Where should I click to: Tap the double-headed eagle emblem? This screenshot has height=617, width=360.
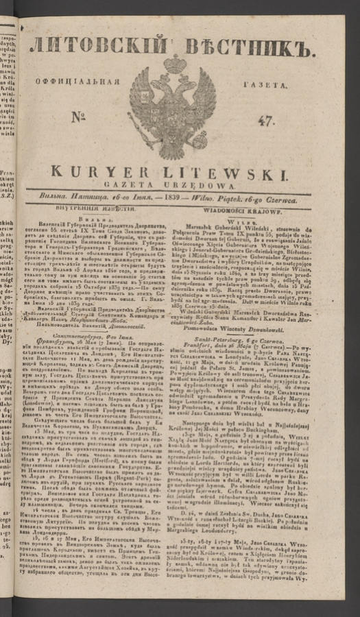point(173,110)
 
